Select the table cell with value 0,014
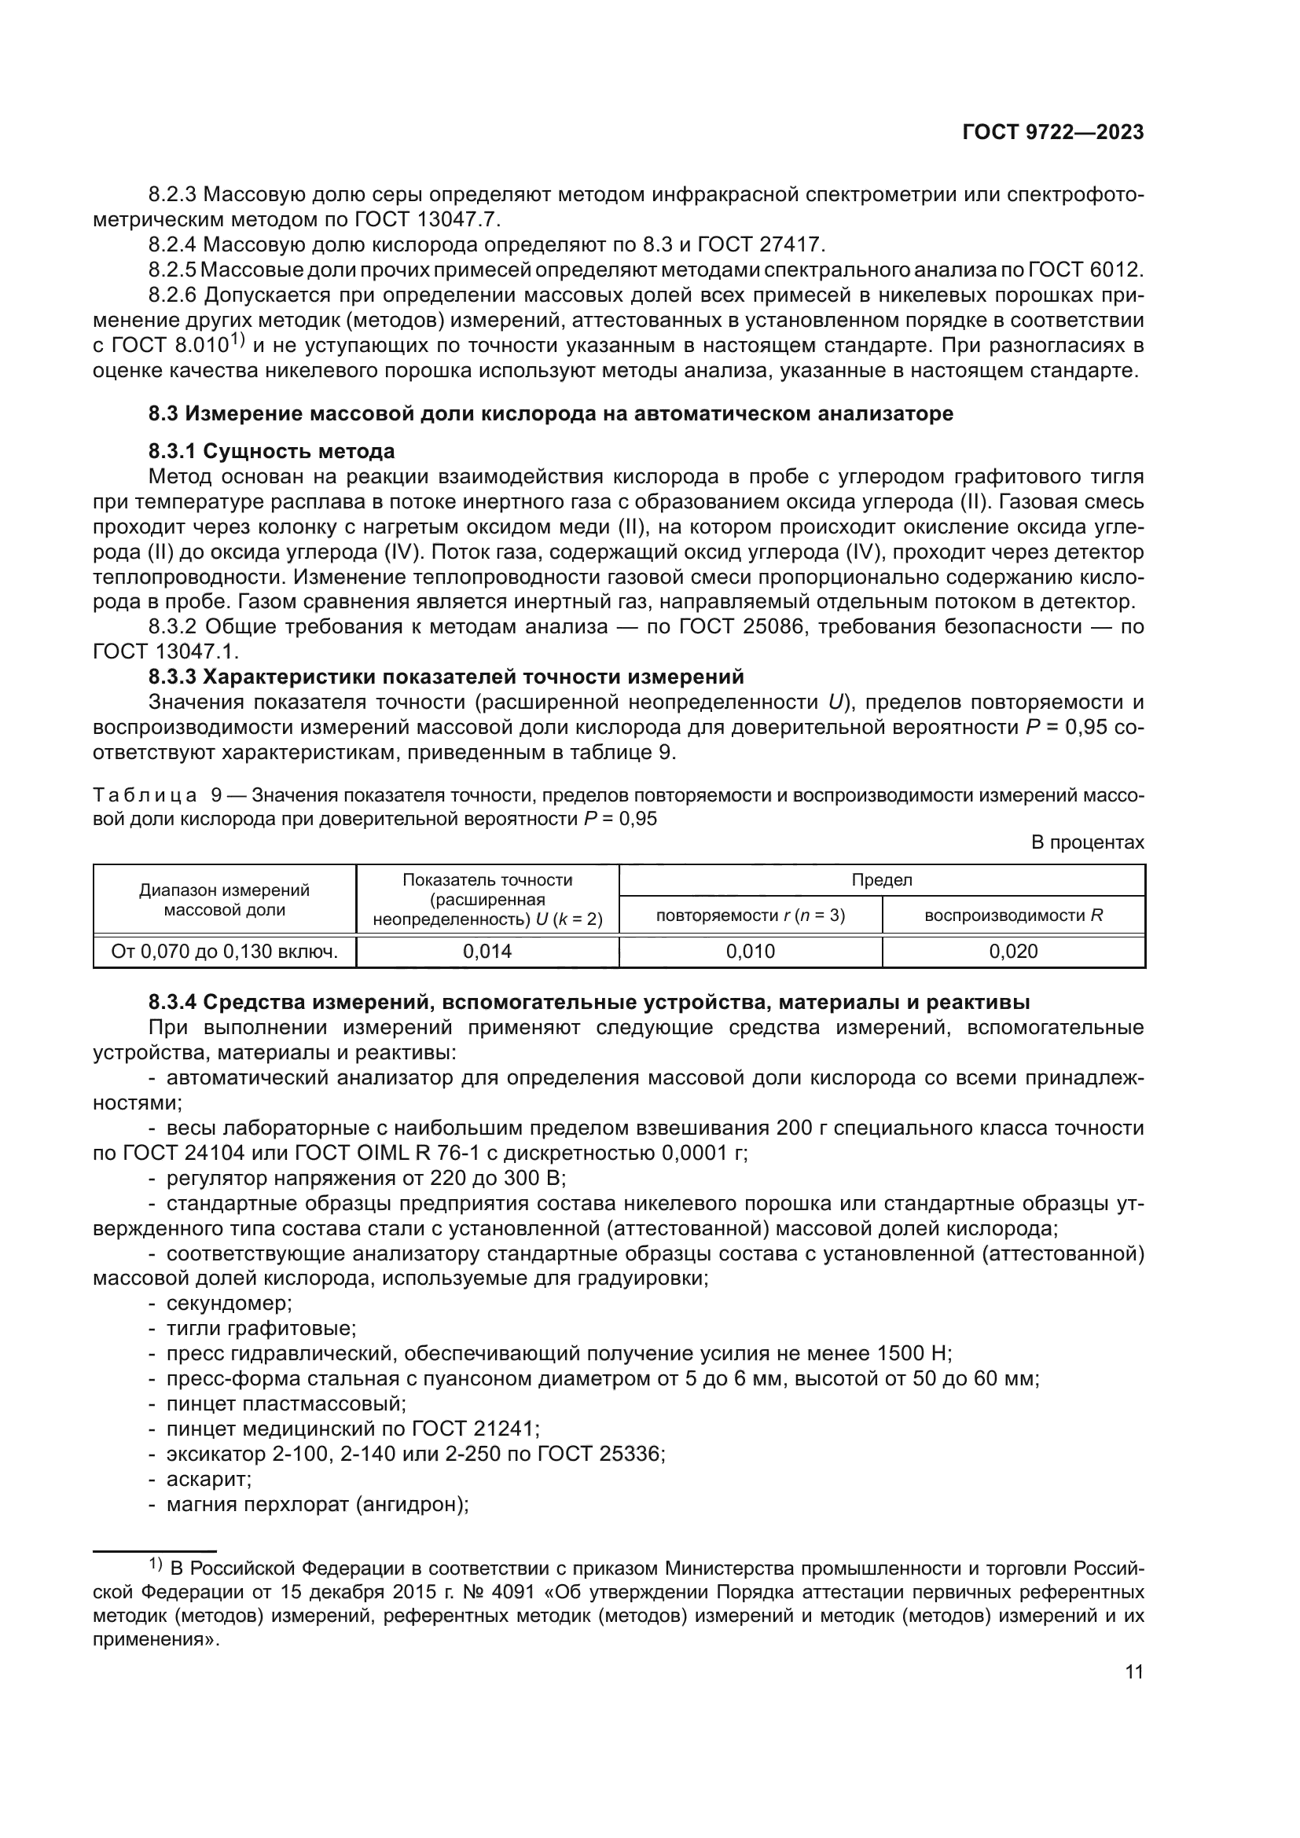pyautogui.click(x=487, y=951)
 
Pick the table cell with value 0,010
pyautogui.click(x=750, y=951)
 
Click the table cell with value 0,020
pyautogui.click(x=1013, y=951)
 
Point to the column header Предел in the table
pyautogui.click(x=881, y=880)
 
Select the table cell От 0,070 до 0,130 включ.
pyautogui.click(x=224, y=951)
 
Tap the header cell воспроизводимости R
pyautogui.click(x=1013, y=915)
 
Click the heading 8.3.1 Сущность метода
pyautogui.click(x=271, y=452)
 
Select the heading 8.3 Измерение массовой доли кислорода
pyautogui.click(x=551, y=414)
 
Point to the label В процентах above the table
pyautogui.click(x=1087, y=842)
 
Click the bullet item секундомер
pyautogui.click(x=228, y=1303)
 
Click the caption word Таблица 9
pyautogui.click(x=157, y=795)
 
